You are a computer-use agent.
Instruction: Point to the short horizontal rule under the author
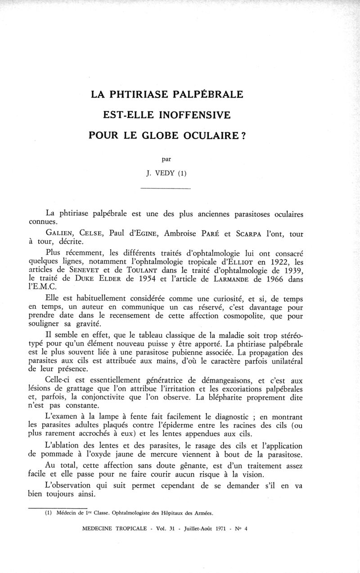[166, 188]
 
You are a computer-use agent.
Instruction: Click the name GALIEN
[60, 233]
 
